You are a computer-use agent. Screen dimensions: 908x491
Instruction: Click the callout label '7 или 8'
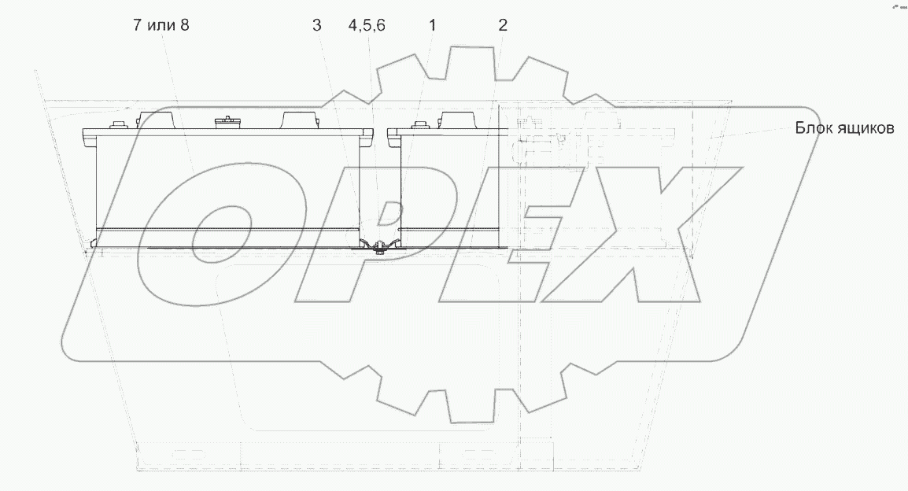161,25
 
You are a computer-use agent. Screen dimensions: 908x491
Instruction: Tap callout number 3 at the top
316,25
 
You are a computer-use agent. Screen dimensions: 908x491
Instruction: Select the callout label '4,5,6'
367,25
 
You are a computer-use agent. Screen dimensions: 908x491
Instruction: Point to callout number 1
432,25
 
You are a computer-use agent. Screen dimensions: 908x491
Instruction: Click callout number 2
503,25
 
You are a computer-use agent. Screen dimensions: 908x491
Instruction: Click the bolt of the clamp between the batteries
379,246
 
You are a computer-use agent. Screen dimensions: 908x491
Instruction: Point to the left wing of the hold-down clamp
367,243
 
